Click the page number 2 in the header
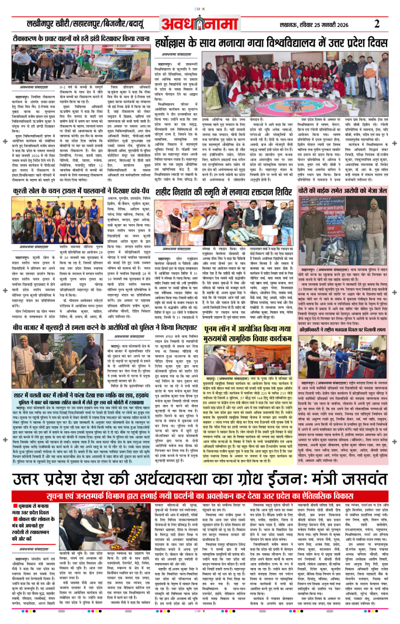[377, 24]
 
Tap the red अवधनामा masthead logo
[199, 24]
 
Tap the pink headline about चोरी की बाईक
[342, 191]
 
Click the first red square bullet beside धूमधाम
[15, 506]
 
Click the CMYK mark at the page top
[199, 9]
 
